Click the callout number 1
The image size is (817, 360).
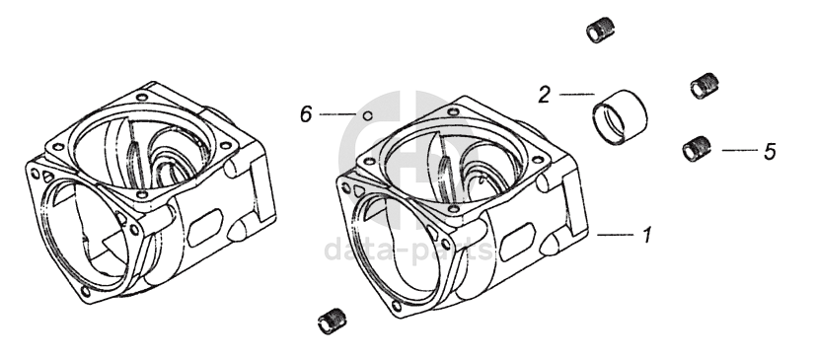(646, 236)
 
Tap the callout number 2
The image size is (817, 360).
(544, 95)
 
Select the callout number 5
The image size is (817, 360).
(770, 151)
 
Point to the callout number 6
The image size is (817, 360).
(306, 114)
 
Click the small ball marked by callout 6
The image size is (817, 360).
(367, 115)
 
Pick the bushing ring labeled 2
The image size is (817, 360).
(620, 117)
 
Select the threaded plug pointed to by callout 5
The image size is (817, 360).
(697, 149)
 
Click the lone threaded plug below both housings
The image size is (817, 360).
(332, 322)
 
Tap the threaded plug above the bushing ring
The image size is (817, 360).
(600, 30)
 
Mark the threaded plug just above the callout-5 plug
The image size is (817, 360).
(705, 86)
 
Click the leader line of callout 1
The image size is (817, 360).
(616, 236)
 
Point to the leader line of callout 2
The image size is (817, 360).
(577, 95)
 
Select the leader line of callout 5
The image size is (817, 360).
(740, 150)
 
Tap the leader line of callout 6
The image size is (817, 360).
(337, 114)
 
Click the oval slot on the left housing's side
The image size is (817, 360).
(204, 228)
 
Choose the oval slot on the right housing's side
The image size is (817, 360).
(516, 242)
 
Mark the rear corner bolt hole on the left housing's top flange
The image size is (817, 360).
(142, 97)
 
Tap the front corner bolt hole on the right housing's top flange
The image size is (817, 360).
(453, 209)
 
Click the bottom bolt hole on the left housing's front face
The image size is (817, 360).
(86, 292)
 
